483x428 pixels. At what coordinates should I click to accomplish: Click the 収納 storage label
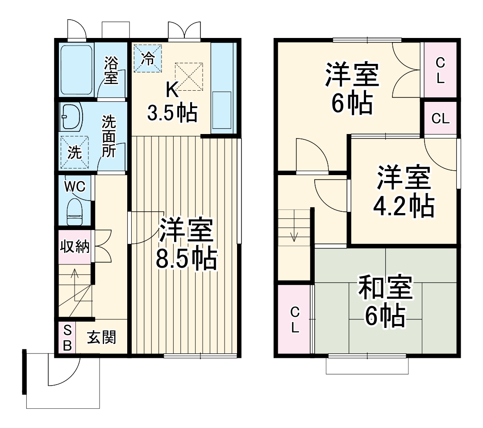pyautogui.click(x=75, y=247)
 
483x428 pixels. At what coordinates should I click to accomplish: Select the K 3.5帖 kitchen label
pyautogui.click(x=172, y=102)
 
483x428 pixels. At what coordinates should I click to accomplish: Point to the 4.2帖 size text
pyautogui.click(x=404, y=205)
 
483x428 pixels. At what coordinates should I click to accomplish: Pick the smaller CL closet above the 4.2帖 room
pyautogui.click(x=440, y=118)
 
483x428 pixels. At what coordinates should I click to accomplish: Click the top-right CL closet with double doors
pyautogui.click(x=440, y=70)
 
